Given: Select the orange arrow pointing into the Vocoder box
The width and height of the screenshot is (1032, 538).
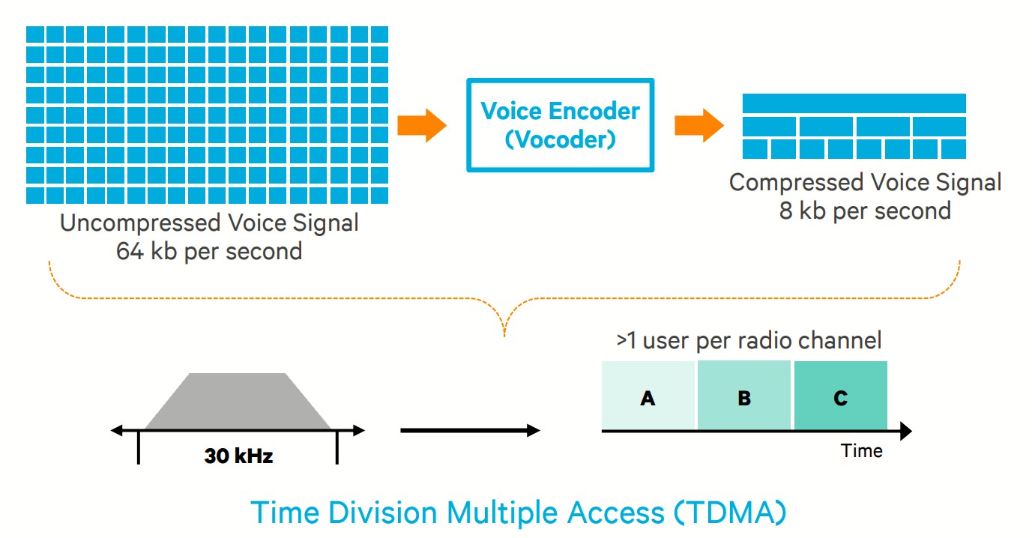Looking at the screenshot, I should [421, 125].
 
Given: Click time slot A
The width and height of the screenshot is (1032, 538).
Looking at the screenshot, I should [648, 396].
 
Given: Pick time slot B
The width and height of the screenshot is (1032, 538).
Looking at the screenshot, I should [744, 396].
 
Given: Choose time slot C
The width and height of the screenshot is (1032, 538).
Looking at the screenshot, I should [840, 396].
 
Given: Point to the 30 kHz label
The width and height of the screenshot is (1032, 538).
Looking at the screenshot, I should [238, 455].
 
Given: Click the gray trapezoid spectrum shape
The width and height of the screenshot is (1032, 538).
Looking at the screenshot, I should [238, 402].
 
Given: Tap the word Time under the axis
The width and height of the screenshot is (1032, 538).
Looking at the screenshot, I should [861, 450].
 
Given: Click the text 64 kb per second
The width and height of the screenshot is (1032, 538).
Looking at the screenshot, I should [209, 250].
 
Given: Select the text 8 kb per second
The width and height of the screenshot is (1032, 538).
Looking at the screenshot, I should [865, 211].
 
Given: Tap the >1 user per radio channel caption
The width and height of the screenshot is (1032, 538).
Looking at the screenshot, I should [749, 341].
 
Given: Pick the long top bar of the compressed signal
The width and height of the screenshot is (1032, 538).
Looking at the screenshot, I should [854, 103].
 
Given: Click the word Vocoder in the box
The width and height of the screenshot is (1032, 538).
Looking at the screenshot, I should [560, 139].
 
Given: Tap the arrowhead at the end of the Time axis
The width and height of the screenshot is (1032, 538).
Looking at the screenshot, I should [905, 431].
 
